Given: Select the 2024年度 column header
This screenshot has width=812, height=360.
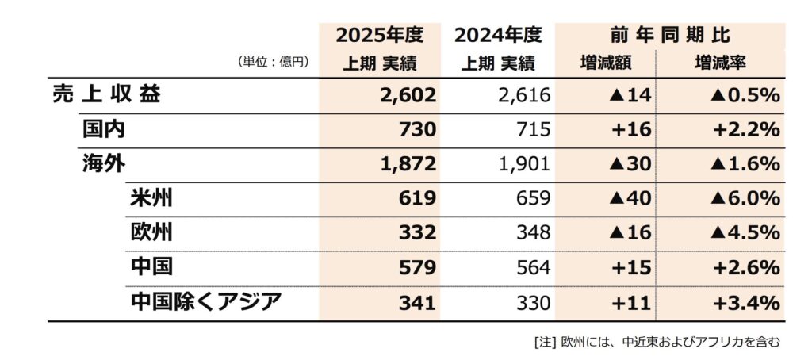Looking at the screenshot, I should click(x=498, y=36).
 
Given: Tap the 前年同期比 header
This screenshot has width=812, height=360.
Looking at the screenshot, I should click(x=670, y=36).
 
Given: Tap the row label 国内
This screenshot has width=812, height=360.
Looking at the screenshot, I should click(x=103, y=128).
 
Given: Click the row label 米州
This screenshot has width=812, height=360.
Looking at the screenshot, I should click(x=151, y=198).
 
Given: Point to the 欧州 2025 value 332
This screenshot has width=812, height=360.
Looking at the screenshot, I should click(x=417, y=233).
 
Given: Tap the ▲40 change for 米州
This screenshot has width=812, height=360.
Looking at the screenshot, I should click(x=630, y=198).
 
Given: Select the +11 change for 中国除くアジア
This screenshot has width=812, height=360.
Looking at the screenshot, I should click(x=632, y=302).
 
